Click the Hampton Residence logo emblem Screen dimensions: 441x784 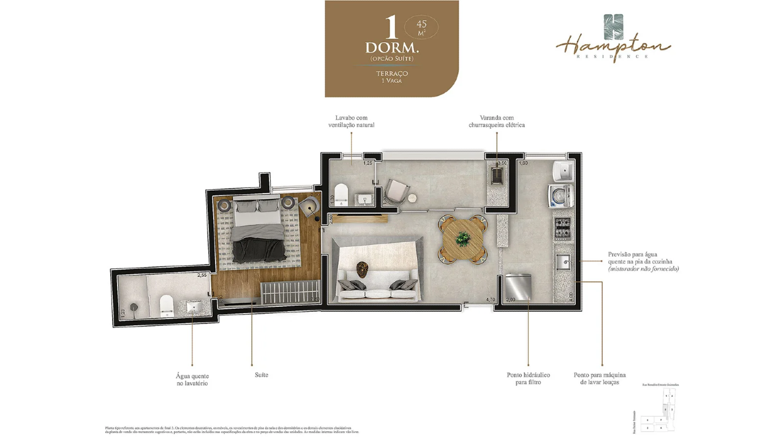(x=613, y=27)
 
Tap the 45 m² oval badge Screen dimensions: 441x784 (x=421, y=27)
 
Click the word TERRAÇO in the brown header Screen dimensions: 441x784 (x=391, y=73)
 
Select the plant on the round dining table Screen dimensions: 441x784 (x=464, y=238)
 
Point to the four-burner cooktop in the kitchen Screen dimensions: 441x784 (x=562, y=228)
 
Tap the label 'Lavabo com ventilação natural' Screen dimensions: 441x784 (x=351, y=121)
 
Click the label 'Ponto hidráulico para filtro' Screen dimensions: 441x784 (x=528, y=379)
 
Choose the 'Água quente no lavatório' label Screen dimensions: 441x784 (x=192, y=380)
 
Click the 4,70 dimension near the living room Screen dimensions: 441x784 (x=490, y=300)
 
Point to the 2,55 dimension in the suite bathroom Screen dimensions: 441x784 (x=202, y=276)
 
